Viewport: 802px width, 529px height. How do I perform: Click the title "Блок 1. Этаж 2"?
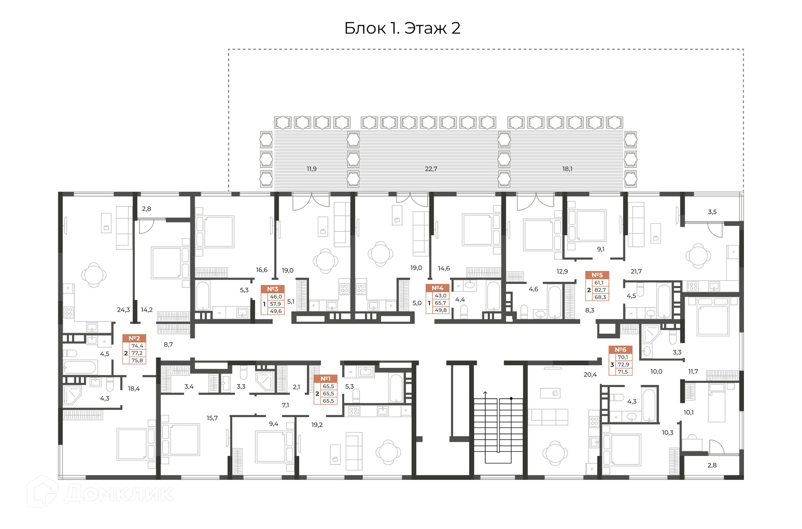[402, 28]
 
